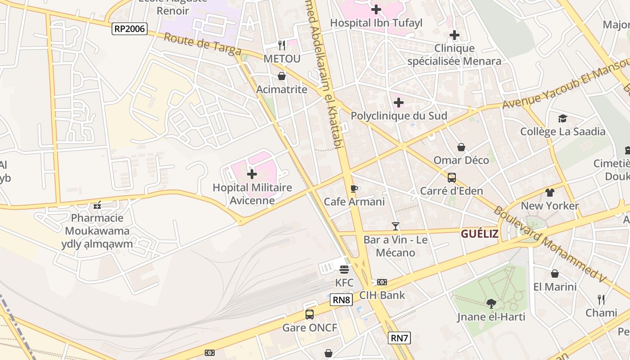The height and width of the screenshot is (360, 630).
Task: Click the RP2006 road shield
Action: (130, 29)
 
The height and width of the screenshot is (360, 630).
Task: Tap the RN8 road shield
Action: (341, 300)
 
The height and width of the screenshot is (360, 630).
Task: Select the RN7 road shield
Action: (399, 338)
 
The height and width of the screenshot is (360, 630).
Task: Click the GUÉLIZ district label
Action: (479, 234)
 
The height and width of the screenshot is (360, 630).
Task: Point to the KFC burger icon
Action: (344, 270)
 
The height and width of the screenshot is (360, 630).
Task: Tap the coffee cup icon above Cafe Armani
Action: (354, 188)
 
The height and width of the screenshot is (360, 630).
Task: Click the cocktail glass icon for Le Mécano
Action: (396, 226)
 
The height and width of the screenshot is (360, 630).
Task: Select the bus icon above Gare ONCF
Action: (310, 315)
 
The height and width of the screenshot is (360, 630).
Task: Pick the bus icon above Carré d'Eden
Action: (451, 178)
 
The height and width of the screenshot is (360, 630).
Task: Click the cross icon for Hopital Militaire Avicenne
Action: (252, 174)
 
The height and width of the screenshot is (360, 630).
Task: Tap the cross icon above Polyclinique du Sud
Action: (398, 103)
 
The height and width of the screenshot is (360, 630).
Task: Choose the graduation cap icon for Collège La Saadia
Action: (562, 118)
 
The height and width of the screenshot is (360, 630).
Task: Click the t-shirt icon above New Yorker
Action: (549, 193)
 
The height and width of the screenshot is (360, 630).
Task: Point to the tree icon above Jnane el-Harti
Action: (491, 304)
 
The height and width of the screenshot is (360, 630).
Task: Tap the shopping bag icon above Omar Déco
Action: (461, 147)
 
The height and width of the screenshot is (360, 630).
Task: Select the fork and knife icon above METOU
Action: (282, 45)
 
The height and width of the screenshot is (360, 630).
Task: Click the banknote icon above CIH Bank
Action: (382, 282)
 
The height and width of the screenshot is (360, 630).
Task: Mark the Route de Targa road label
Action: (202, 45)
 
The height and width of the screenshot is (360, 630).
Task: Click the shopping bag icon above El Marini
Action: (555, 274)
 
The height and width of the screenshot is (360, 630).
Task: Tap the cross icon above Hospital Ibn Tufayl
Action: (376, 9)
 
